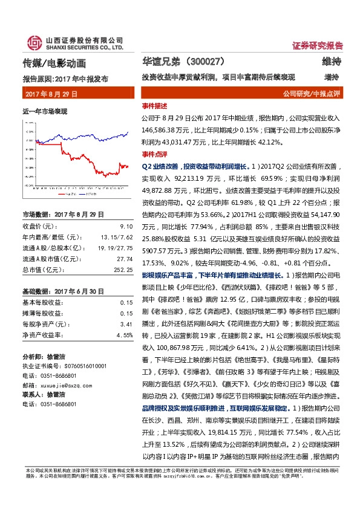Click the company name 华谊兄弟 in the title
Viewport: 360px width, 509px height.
(x=159, y=62)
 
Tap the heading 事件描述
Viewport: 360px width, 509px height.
(x=152, y=106)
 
